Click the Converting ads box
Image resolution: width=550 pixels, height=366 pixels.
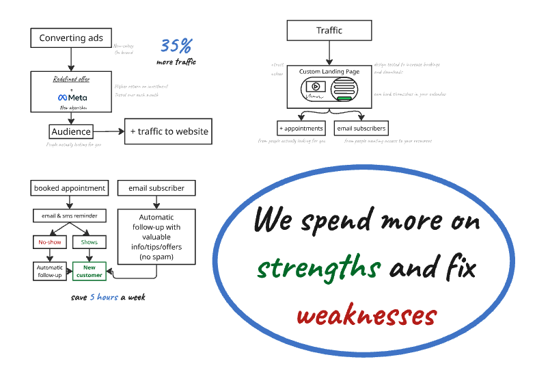[71, 38]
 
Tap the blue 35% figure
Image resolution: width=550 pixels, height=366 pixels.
[176, 47]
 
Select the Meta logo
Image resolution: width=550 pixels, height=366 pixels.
[72, 97]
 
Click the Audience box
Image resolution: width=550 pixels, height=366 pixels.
[71, 131]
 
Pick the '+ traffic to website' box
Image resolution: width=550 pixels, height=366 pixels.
[168, 131]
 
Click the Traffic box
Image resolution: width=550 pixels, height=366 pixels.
[329, 31]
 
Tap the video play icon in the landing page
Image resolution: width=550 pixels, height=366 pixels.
[315, 86]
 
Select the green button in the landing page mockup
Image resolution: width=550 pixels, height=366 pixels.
[344, 99]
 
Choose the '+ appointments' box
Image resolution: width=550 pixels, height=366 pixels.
[301, 128]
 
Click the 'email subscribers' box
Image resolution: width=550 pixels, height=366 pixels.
[361, 128]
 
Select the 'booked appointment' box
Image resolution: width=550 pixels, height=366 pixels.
[70, 188]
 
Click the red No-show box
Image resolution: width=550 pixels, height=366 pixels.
[49, 242]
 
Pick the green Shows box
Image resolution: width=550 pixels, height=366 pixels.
[90, 242]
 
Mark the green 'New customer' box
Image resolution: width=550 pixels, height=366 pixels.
[90, 271]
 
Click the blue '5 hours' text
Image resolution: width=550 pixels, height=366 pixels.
[105, 298]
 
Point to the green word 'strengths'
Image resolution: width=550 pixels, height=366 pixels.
[318, 269]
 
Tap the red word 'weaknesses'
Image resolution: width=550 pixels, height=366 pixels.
[366, 316]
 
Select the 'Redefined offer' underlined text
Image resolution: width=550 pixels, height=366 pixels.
[72, 79]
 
